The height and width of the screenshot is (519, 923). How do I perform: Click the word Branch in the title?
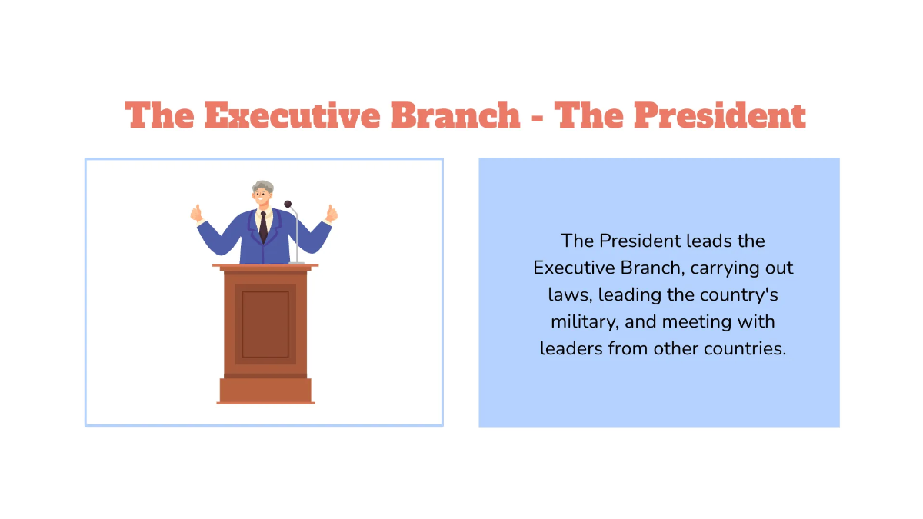(455, 115)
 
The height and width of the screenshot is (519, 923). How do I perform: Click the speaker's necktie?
(263, 228)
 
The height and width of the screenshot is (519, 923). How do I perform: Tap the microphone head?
(288, 205)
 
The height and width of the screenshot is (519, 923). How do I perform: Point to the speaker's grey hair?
(263, 186)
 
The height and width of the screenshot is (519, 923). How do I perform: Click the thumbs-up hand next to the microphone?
(332, 212)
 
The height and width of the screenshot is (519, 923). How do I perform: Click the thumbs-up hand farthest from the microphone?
(197, 213)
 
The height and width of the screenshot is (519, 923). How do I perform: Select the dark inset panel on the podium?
(265, 324)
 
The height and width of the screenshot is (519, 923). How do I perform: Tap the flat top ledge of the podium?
(265, 266)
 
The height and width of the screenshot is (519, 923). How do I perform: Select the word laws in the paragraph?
(570, 294)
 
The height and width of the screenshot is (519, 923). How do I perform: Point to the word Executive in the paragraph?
(571, 268)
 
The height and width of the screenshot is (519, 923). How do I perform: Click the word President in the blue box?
(643, 241)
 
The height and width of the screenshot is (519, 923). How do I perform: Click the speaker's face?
(263, 198)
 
